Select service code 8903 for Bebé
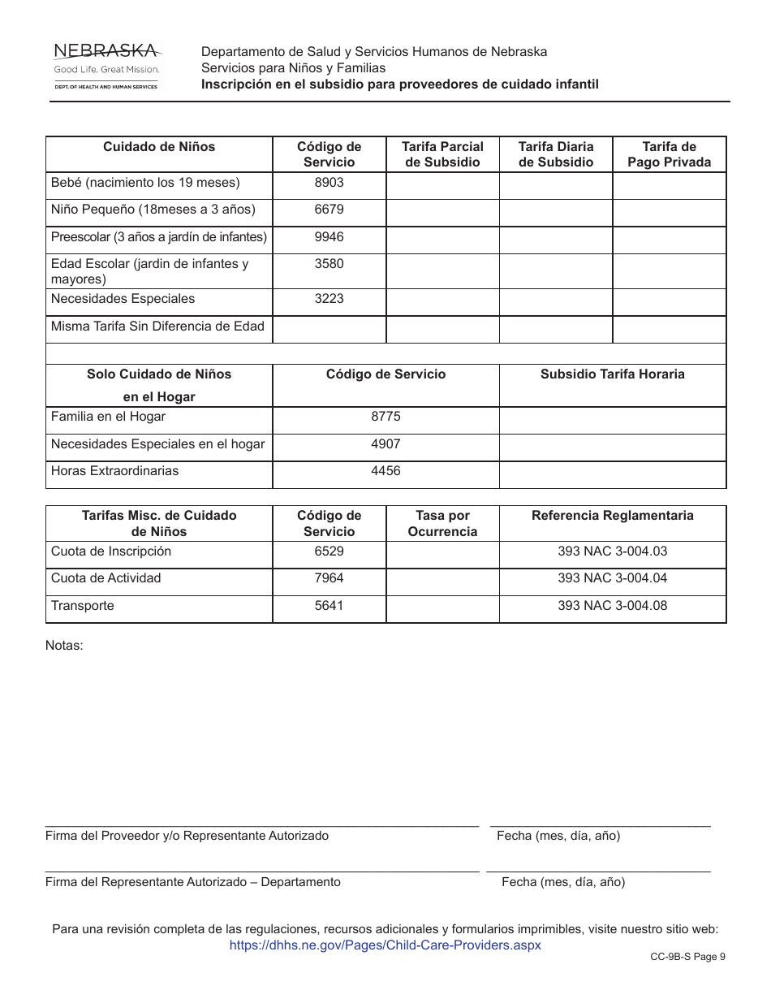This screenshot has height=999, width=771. click(x=329, y=183)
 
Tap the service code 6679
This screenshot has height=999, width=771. click(x=329, y=210)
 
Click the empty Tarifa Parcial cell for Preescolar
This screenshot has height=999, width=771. click(x=442, y=240)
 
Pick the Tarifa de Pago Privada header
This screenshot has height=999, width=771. click(x=669, y=154)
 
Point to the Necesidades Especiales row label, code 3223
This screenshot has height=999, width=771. click(x=123, y=299)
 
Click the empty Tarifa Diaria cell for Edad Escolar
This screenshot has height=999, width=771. click(x=555, y=270)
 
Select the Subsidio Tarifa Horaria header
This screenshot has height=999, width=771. click(x=612, y=374)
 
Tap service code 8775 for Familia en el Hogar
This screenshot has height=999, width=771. click(x=385, y=417)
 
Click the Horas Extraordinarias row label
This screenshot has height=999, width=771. click(x=114, y=471)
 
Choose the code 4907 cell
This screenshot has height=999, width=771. click(x=385, y=444)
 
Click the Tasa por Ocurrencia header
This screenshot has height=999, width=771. click(x=442, y=523)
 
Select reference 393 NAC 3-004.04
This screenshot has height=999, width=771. click(x=612, y=578)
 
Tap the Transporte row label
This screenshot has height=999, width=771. click(x=83, y=606)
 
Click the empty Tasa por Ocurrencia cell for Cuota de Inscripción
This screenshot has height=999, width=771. click(x=442, y=554)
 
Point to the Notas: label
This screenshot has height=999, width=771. click(x=64, y=646)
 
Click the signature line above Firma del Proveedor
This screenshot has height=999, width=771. click(x=261, y=824)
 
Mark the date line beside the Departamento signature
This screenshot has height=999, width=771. click(x=598, y=871)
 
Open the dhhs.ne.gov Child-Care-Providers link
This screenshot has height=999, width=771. click(x=385, y=945)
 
